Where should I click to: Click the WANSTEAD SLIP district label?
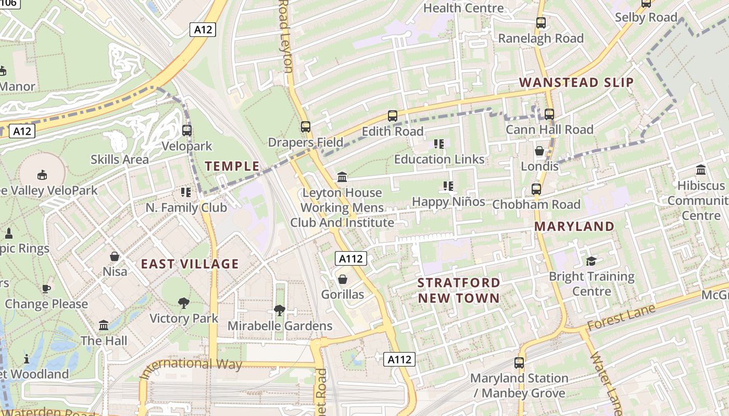pyautogui.click(x=576, y=82)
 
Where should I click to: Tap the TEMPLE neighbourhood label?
pyautogui.click(x=232, y=166)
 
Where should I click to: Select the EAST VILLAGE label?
pyautogui.click(x=190, y=264)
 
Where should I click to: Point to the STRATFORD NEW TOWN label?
pyautogui.click(x=459, y=291)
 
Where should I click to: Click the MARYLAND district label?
pyautogui.click(x=574, y=226)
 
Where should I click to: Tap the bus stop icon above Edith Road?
pyautogui.click(x=393, y=116)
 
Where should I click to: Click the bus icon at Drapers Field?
pyautogui.click(x=306, y=126)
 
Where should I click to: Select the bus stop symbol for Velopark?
pyautogui.click(x=187, y=131)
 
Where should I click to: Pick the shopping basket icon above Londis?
pyautogui.click(x=539, y=151)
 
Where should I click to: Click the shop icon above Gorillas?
pyautogui.click(x=343, y=279)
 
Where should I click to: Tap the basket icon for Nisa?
pyautogui.click(x=115, y=256)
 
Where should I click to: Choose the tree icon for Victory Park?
pyautogui.click(x=183, y=302)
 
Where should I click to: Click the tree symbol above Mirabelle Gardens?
pyautogui.click(x=280, y=310)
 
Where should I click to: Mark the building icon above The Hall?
pyautogui.click(x=104, y=325)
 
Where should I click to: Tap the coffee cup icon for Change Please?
pyautogui.click(x=46, y=288)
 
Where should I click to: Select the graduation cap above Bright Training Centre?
pyautogui.click(x=592, y=261)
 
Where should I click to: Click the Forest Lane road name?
pyautogui.click(x=620, y=318)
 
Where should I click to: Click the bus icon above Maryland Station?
pyautogui.click(x=519, y=362)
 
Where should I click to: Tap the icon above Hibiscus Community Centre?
pyautogui.click(x=701, y=170)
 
